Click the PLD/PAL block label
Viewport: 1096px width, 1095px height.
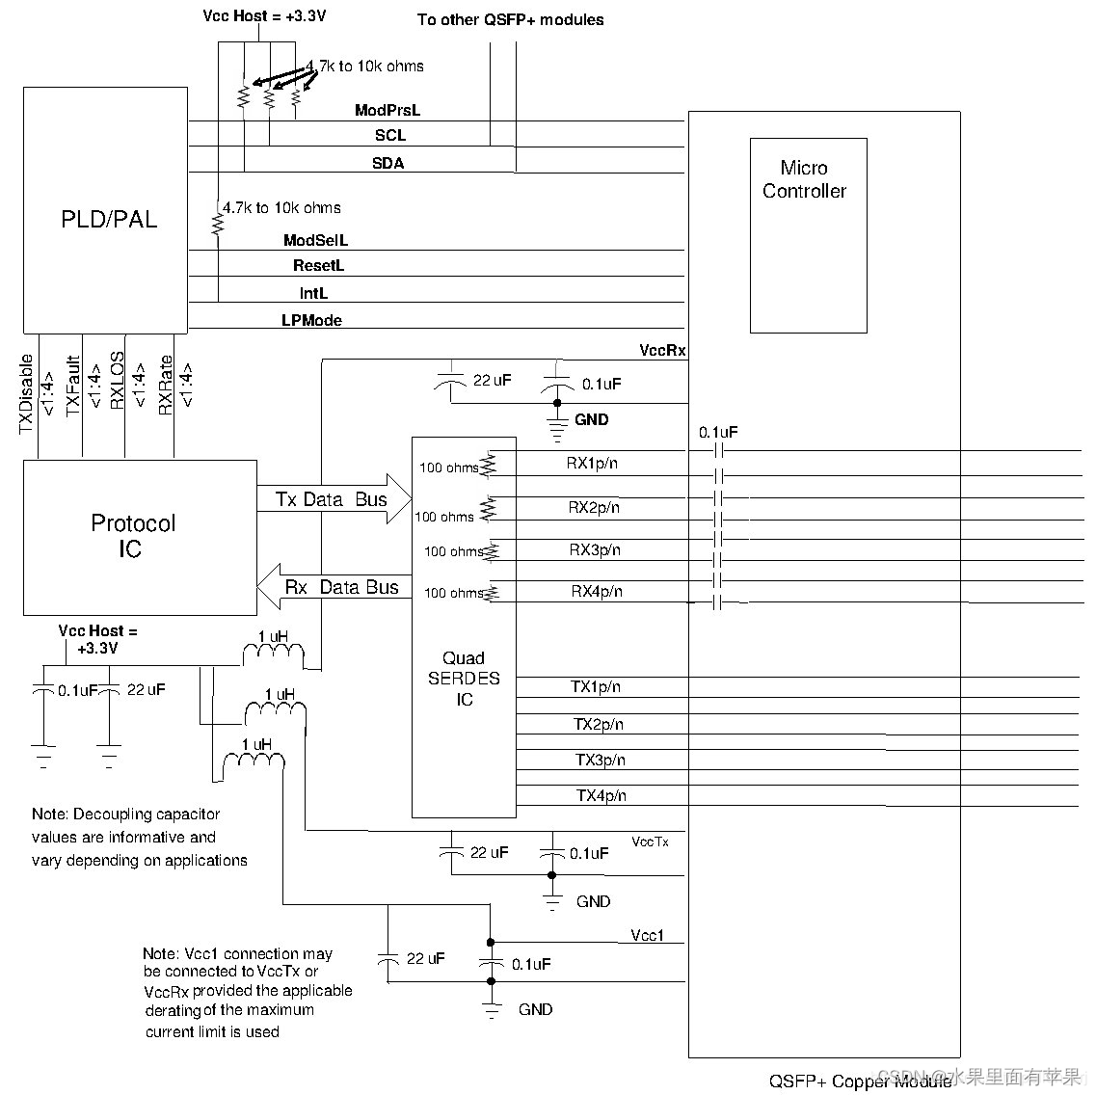pos(108,220)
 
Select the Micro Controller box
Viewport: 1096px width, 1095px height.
pos(808,235)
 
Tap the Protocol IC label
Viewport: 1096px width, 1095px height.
pos(133,536)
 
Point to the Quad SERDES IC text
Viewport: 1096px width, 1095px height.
pos(464,679)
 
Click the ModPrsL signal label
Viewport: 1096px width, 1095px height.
pos(388,111)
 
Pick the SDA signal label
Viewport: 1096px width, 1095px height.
pos(388,164)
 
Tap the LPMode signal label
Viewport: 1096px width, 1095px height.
pos(311,320)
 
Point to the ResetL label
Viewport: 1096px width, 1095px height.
pos(318,265)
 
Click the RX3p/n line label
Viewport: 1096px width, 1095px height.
pos(595,550)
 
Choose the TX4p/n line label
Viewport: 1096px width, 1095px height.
pos(601,795)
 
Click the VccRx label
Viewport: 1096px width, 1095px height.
pos(662,350)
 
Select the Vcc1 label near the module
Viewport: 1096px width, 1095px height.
pos(647,936)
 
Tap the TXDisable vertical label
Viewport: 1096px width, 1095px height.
pos(27,393)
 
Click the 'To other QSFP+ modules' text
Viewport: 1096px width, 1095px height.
pos(510,20)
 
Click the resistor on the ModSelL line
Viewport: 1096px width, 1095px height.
pos(218,225)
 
